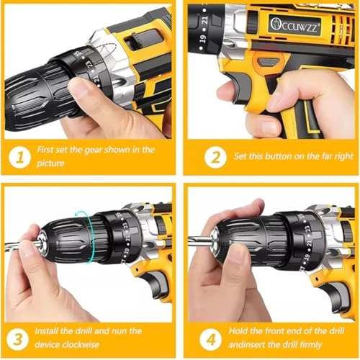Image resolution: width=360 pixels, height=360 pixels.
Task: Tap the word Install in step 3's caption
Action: (x=50, y=331)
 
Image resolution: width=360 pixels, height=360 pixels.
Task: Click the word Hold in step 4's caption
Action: (x=243, y=331)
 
